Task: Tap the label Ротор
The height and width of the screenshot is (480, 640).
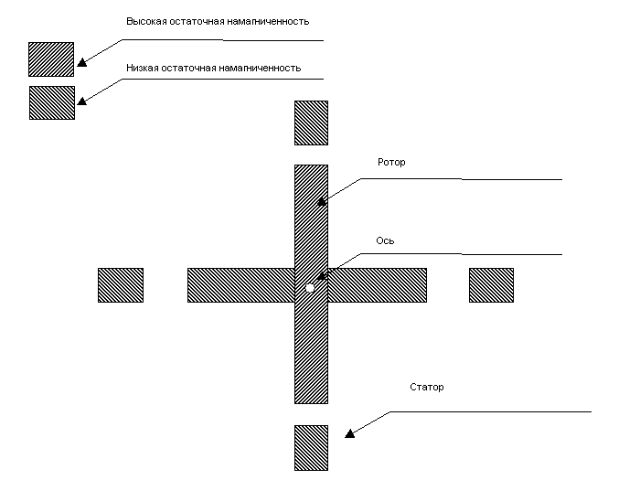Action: coord(391,163)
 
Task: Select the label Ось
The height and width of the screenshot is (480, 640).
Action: coord(385,240)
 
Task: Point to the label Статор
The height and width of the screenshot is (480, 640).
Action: coord(427,387)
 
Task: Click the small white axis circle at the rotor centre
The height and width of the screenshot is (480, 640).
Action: coord(310,288)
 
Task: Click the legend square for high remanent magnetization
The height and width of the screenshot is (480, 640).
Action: coord(51,59)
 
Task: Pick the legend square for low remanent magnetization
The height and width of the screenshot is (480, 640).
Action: coord(52,102)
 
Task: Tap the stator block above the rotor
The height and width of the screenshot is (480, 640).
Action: coord(311,123)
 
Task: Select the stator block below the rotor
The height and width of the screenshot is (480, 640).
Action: coord(311,448)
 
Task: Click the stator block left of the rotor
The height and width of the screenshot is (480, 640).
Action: coord(121,285)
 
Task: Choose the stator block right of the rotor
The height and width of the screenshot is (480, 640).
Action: coord(491,285)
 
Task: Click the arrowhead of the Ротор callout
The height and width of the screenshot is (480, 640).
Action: coord(322,201)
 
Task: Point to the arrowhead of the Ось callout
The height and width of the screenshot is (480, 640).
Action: coord(322,276)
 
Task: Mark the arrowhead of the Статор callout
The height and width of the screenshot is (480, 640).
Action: coord(350,433)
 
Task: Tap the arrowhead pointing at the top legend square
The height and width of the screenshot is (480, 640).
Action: coord(82,62)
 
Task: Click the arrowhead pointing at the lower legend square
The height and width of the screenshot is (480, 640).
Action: coord(82,101)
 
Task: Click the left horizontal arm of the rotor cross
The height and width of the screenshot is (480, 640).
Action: coord(240,285)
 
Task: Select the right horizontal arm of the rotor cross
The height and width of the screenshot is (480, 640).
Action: coord(377,285)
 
